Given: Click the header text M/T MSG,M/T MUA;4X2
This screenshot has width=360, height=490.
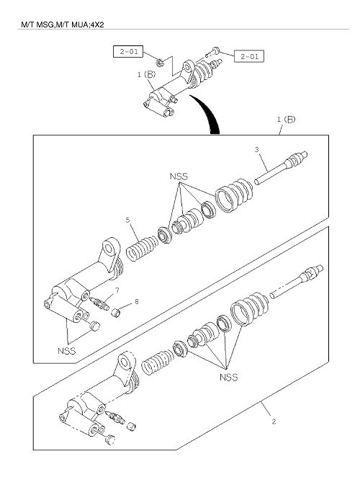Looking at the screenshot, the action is (62, 24).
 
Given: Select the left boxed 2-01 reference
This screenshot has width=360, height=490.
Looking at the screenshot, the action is (128, 52).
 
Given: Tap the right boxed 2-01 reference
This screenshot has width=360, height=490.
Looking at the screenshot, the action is (249, 56).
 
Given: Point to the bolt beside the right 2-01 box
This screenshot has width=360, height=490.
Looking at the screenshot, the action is (213, 52).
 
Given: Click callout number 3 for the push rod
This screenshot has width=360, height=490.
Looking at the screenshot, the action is (256, 150).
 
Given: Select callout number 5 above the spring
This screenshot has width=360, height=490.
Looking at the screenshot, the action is (127, 220).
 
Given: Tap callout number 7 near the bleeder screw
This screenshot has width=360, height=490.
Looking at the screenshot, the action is (117, 290).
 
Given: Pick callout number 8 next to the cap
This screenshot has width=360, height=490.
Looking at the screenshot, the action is (137, 301).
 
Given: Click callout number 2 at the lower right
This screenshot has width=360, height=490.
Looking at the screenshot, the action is (274, 422).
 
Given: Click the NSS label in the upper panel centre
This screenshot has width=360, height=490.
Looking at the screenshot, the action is (179, 177).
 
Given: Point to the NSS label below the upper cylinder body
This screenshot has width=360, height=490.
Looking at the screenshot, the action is (66, 351).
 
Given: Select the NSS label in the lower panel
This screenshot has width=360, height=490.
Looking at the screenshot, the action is (228, 377).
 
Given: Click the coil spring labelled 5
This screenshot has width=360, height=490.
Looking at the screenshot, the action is (142, 249).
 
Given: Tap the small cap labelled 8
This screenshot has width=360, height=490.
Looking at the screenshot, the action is (116, 312).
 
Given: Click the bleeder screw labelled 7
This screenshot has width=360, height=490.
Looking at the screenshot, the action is (99, 303).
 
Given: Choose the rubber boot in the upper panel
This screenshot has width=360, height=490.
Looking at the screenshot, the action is (235, 195).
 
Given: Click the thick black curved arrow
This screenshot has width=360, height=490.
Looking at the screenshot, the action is (207, 113).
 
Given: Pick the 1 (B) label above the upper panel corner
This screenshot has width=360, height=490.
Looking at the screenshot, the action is (286, 119).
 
